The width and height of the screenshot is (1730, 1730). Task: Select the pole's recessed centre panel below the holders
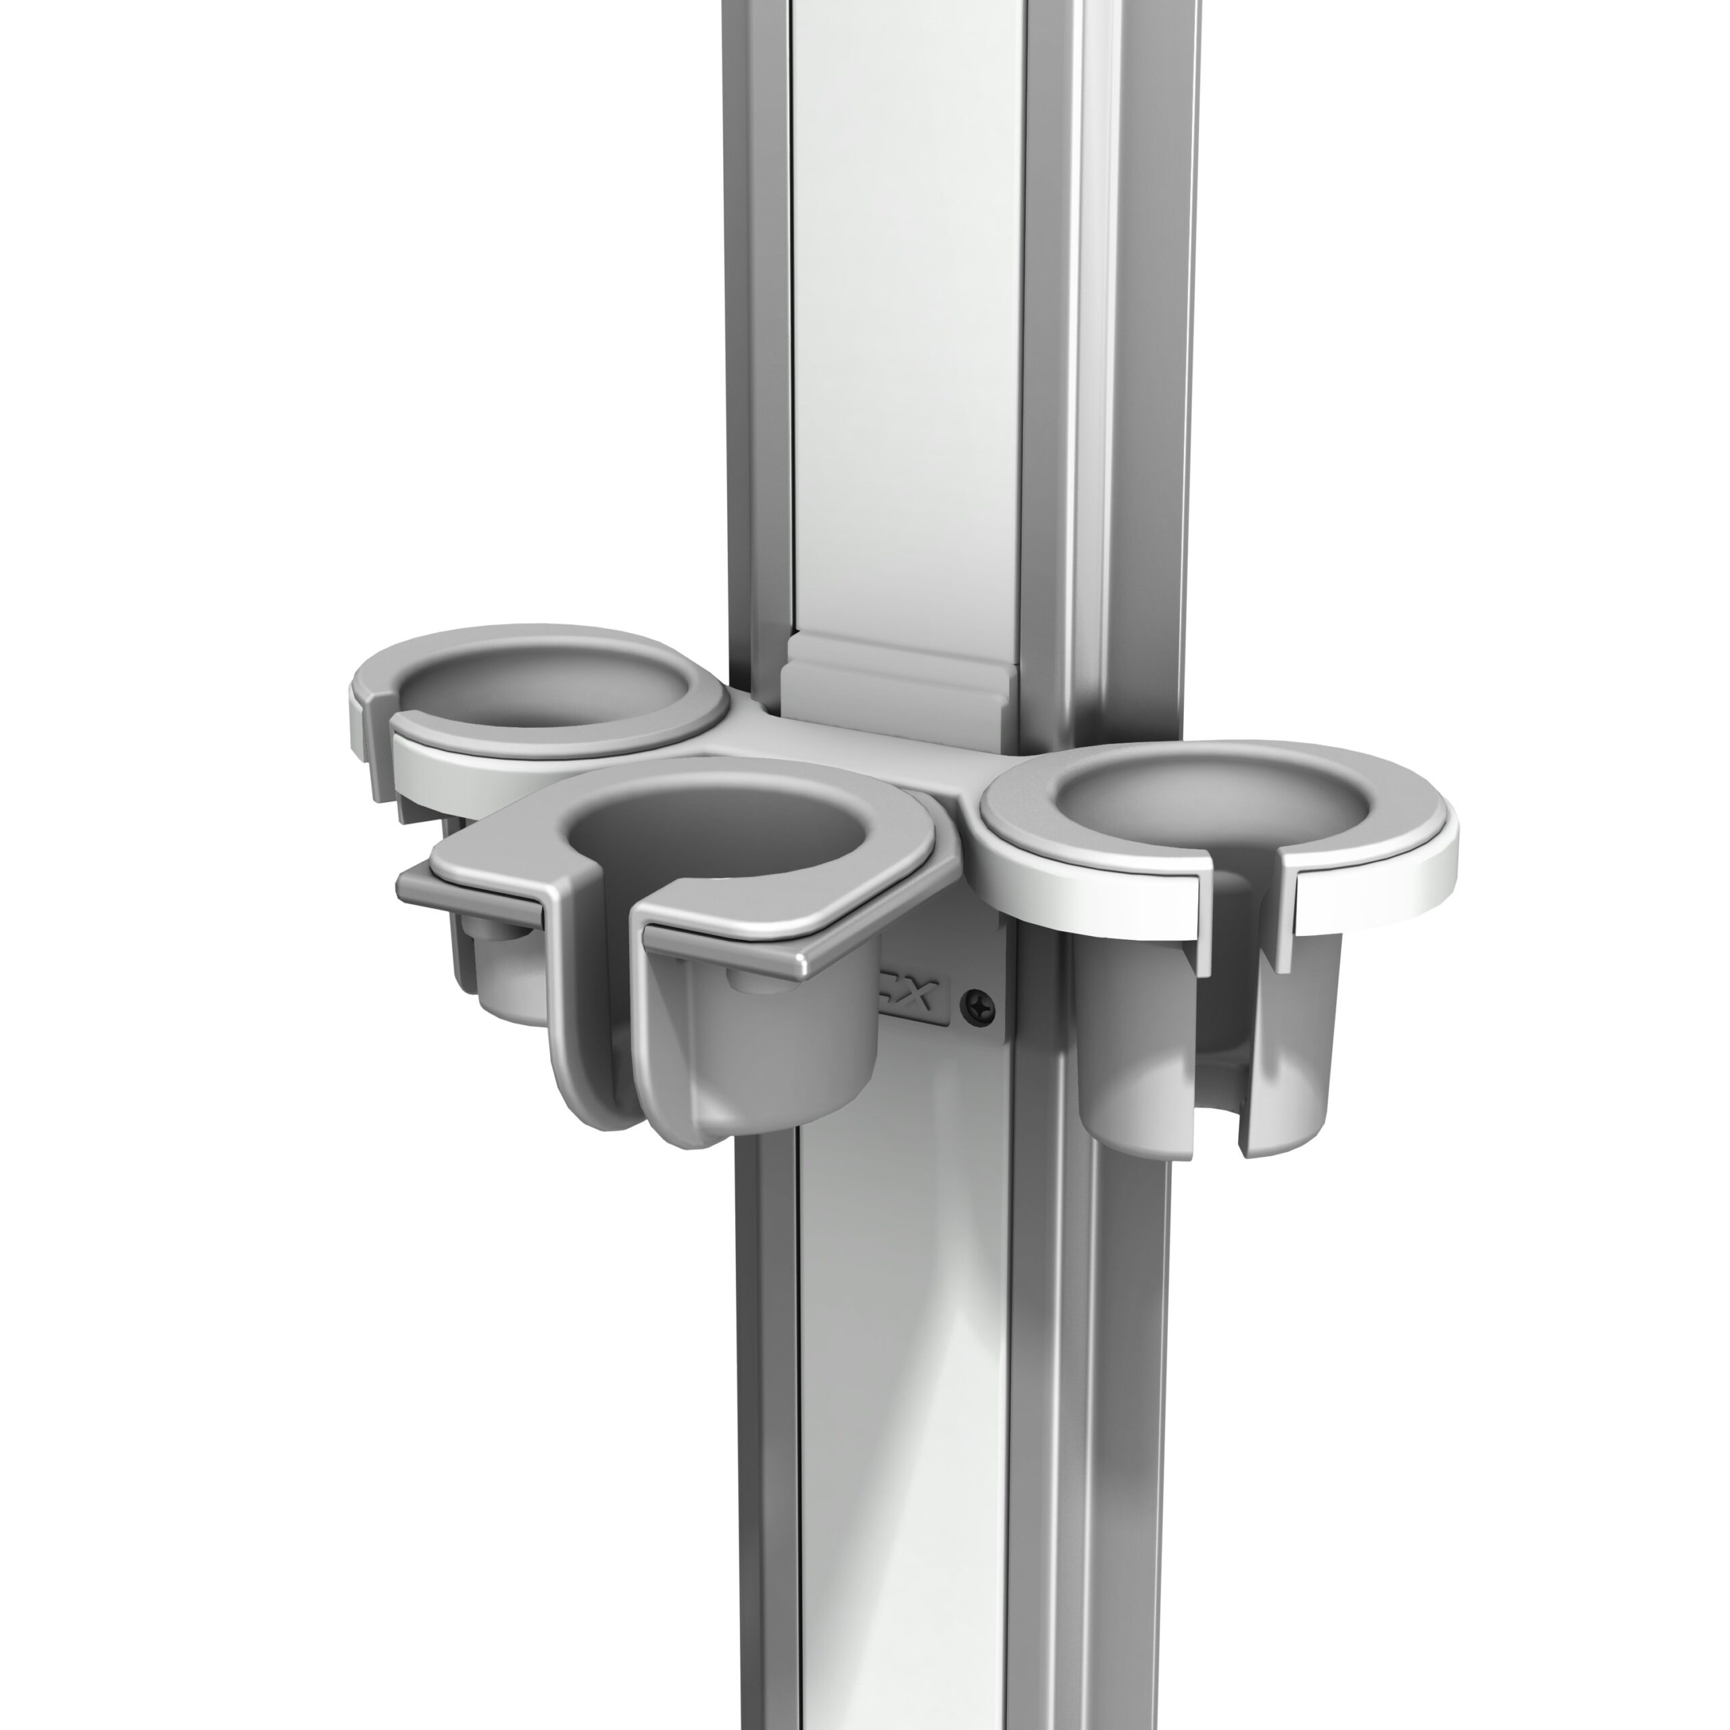click(904, 1433)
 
